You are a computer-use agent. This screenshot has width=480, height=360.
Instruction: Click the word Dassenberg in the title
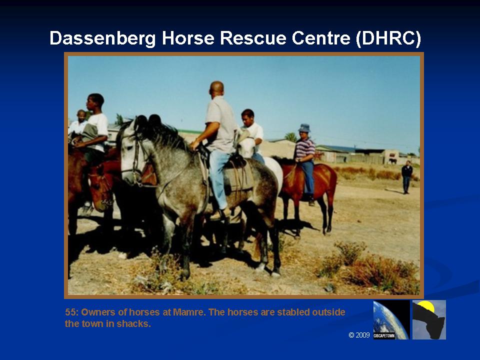point(102,38)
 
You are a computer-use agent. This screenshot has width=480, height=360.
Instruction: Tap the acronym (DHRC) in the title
point(388,38)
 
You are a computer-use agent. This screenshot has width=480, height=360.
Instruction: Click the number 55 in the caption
point(70,312)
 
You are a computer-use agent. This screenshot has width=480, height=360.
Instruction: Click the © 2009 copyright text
point(359,335)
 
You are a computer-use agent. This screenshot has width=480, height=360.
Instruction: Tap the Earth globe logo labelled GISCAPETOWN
point(391,319)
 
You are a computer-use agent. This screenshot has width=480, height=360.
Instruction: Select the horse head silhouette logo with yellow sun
point(429,319)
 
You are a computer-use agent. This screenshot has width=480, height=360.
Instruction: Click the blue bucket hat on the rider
point(304,127)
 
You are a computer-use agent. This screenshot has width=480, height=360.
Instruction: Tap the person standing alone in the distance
point(407,177)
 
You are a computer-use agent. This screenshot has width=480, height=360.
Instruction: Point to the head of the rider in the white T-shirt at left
point(95,102)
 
